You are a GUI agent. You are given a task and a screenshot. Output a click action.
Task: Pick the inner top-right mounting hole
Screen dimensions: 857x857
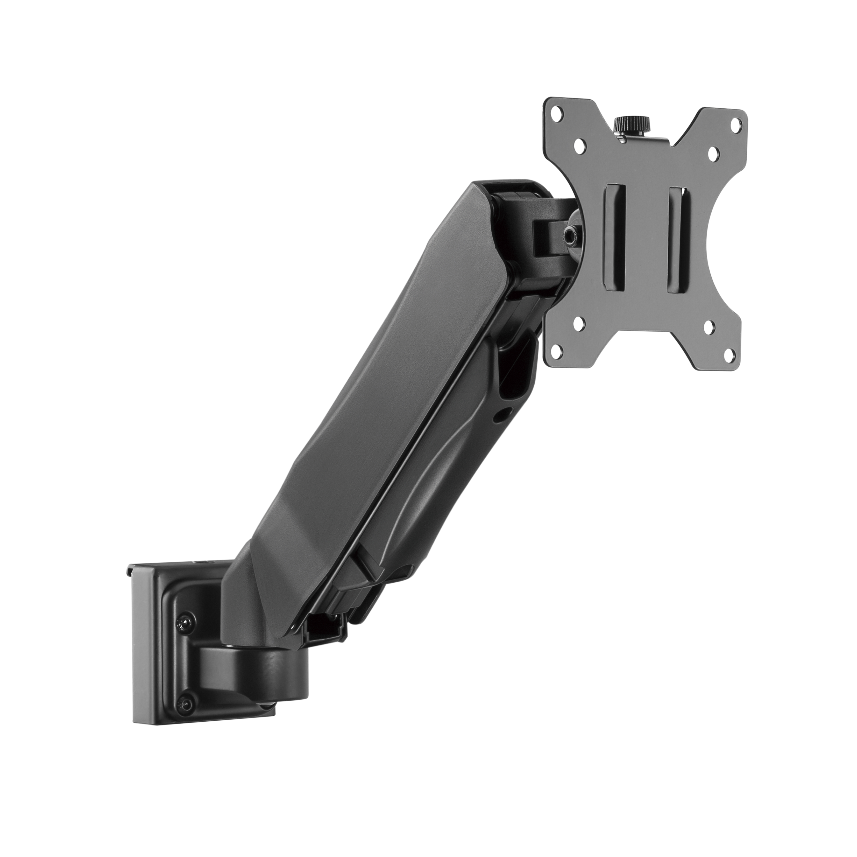(713, 155)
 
